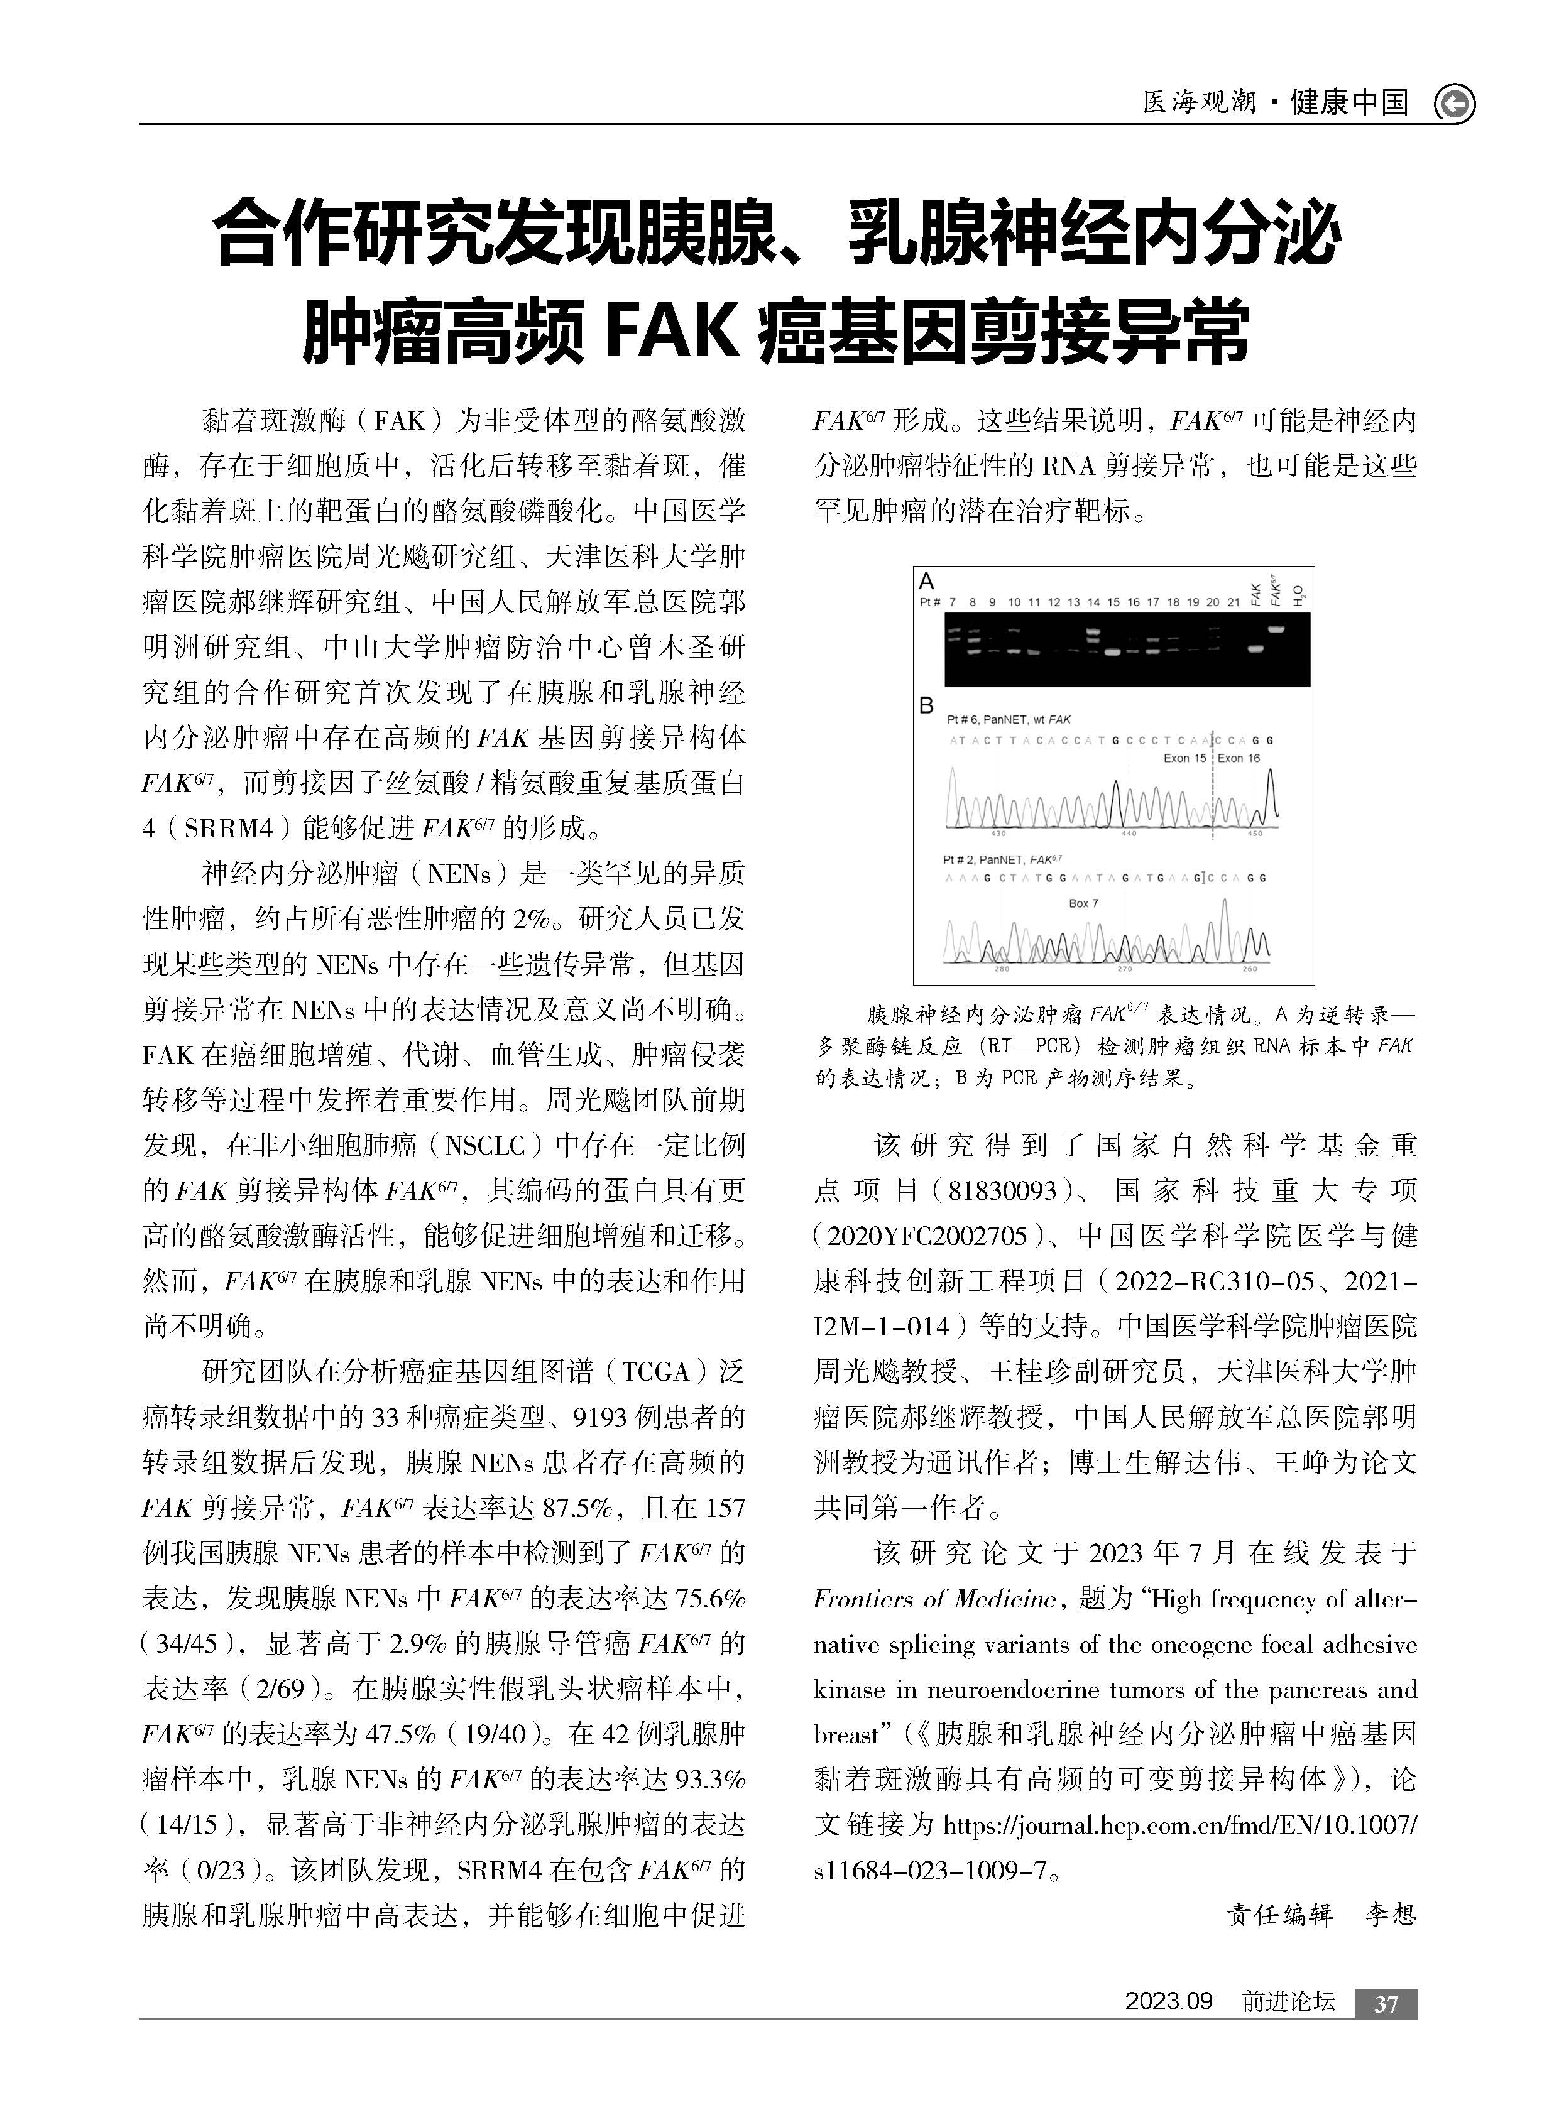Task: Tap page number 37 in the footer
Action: click(x=1386, y=2004)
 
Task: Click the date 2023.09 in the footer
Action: click(x=1168, y=2002)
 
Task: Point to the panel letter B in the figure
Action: click(x=927, y=705)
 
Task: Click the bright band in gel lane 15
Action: click(x=1113, y=651)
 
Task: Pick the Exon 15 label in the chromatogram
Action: click(x=1185, y=758)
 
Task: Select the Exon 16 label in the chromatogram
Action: click(x=1239, y=758)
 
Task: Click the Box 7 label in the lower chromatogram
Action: click(x=1083, y=903)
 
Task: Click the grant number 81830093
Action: click(x=1003, y=1190)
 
